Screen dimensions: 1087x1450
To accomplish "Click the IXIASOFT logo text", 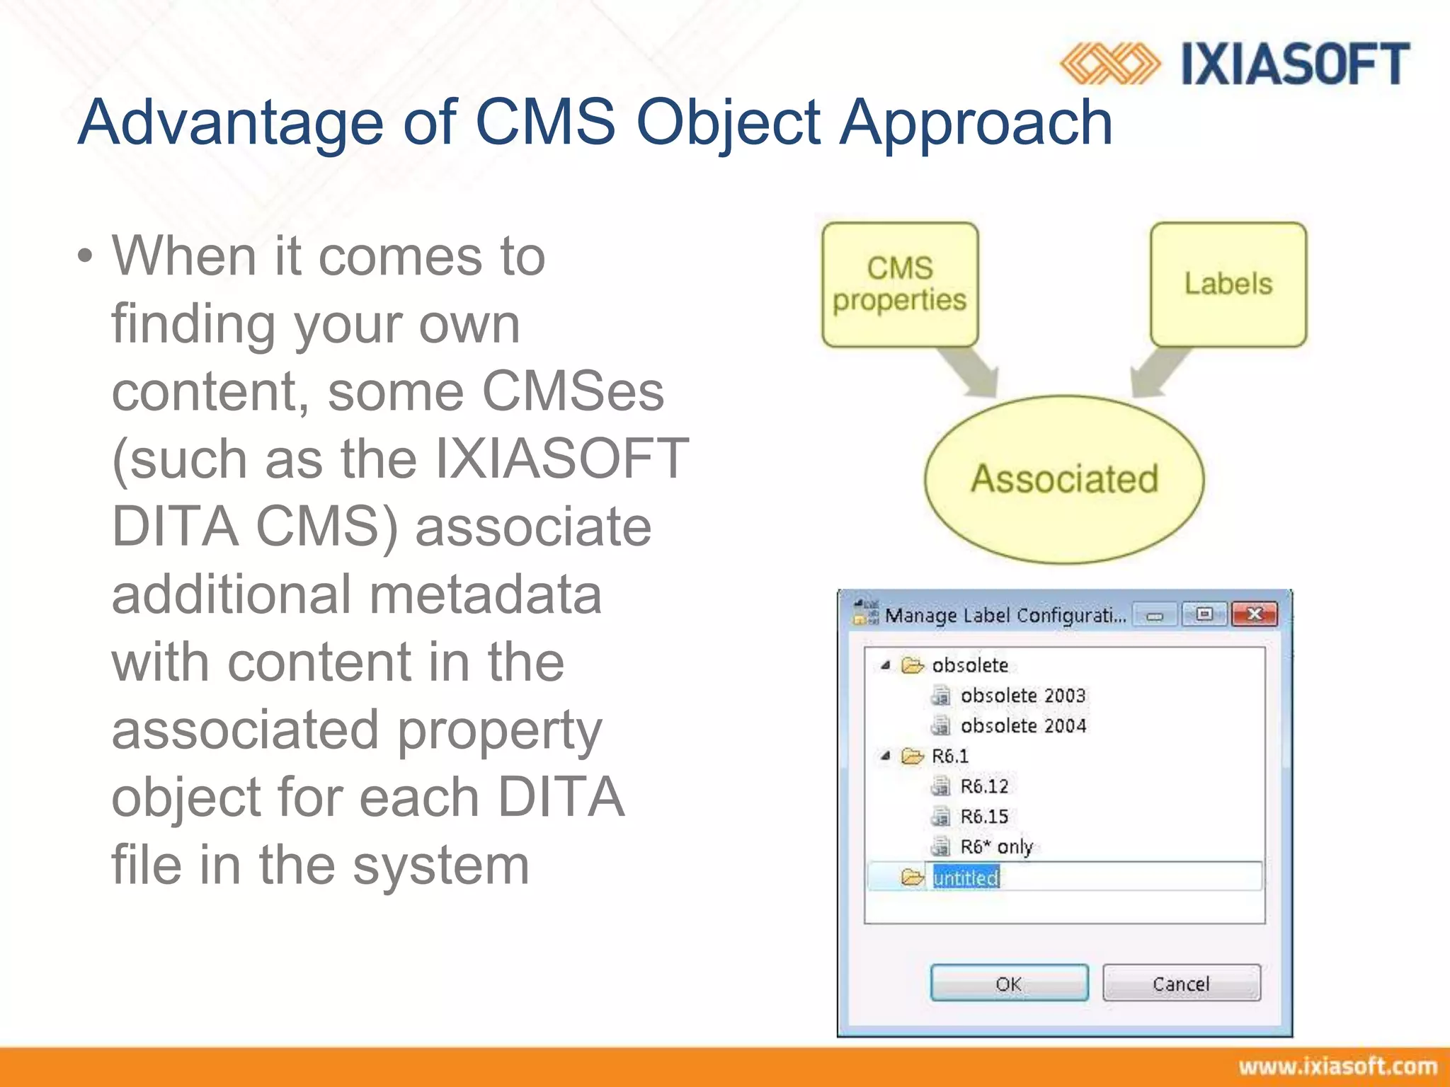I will click(x=1295, y=64).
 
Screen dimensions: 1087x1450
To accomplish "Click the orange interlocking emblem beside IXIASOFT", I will click(x=1110, y=64).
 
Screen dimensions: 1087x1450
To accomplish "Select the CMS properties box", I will click(x=900, y=284).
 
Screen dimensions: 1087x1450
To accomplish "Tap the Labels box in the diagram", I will click(x=1228, y=284).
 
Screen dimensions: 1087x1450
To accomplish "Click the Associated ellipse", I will click(x=1064, y=479).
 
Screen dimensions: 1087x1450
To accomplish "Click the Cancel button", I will click(x=1181, y=983).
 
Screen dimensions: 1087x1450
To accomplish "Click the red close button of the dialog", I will click(x=1254, y=614).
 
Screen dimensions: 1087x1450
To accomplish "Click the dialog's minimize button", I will click(x=1155, y=615).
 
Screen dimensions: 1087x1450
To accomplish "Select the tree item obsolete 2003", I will click(x=1022, y=696).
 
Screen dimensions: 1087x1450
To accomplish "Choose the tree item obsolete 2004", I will click(x=1022, y=726).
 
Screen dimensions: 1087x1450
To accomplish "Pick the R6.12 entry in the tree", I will click(x=984, y=786).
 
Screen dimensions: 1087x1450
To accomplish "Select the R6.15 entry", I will click(x=984, y=817).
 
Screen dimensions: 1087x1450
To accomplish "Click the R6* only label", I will click(x=996, y=846).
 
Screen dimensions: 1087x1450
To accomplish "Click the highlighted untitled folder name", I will click(x=966, y=878).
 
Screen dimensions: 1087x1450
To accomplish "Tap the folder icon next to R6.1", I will click(x=912, y=757).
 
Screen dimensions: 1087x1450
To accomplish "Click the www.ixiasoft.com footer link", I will click(x=1337, y=1066).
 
